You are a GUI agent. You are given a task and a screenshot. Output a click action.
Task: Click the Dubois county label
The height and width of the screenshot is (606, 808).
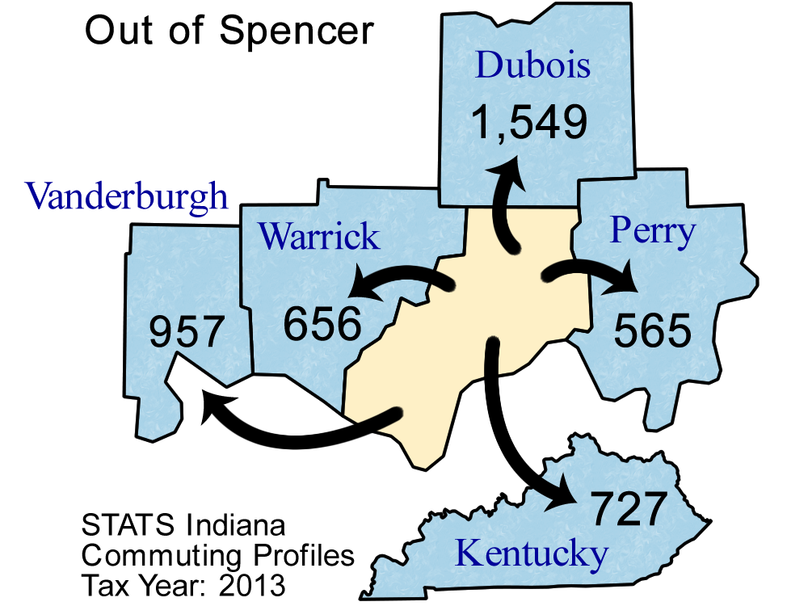tap(532, 65)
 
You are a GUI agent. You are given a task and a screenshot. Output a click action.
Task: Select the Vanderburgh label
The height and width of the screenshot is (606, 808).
tap(127, 196)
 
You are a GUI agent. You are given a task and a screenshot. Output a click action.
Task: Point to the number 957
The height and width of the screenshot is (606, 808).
tap(185, 330)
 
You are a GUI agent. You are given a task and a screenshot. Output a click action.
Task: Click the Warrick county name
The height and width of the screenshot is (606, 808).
tap(318, 236)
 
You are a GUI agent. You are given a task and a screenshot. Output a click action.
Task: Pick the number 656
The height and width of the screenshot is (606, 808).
tap(322, 323)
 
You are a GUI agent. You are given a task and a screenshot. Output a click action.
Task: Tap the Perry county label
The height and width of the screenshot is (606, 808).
tap(652, 231)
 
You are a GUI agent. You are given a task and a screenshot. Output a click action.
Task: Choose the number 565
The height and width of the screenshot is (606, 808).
tap(653, 330)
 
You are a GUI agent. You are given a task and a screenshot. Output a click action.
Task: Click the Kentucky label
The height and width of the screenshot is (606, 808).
tap(531, 554)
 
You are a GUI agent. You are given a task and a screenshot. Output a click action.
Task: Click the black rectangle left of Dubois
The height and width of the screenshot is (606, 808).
tap(230, 32)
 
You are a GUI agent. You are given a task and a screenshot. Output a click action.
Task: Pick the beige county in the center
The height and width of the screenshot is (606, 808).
tap(461, 339)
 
